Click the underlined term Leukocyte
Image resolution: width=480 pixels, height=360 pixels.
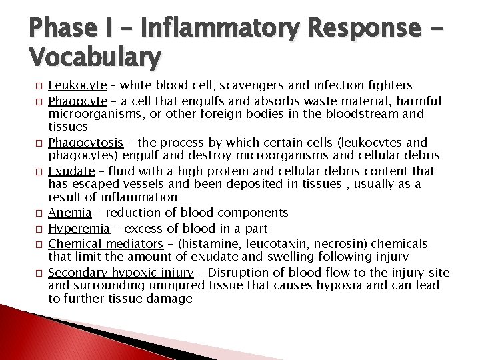pos(77,85)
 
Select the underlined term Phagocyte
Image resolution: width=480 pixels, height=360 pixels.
pos(78,101)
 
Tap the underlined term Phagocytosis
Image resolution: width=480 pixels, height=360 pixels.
pos(85,143)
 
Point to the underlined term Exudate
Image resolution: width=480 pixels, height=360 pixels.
pos(71,171)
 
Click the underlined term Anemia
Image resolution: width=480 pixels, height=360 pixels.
pos(70,213)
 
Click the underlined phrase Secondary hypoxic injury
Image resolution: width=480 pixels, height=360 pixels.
pos(121,273)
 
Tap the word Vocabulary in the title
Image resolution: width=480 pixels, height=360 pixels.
pos(95,58)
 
